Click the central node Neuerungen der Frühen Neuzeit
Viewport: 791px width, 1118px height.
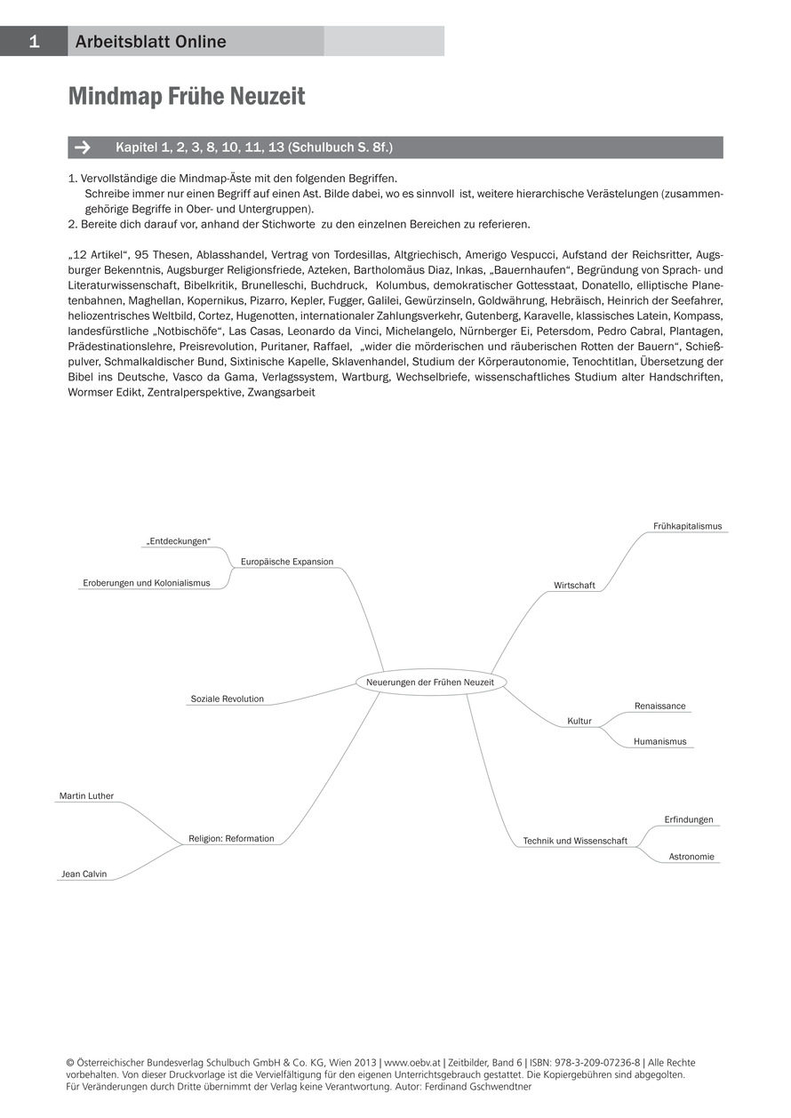[430, 682]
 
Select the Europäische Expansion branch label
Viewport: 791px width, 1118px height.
[287, 562]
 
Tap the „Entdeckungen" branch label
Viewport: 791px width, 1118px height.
[180, 541]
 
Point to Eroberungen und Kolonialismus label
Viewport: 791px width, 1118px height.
[147, 583]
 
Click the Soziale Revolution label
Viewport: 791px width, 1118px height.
[227, 699]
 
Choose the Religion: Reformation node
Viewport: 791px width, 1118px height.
[231, 838]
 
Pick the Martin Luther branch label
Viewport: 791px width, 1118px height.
[86, 795]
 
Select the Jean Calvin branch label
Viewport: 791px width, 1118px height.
[84, 874]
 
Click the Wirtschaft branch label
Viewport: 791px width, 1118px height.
[574, 586]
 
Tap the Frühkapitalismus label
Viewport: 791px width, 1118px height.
[687, 526]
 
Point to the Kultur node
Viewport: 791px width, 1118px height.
[579, 721]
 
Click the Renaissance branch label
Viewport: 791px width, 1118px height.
[659, 706]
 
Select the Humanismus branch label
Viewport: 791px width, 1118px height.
[659, 741]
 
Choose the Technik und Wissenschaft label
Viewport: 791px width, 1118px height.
[575, 841]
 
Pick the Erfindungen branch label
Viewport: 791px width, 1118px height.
[689, 819]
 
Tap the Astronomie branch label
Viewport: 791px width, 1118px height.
[691, 857]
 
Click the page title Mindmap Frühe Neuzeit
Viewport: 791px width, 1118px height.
[187, 97]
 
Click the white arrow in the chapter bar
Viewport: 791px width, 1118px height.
[83, 148]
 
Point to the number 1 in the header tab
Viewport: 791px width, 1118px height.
[34, 41]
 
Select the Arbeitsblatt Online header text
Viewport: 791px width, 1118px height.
[150, 42]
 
